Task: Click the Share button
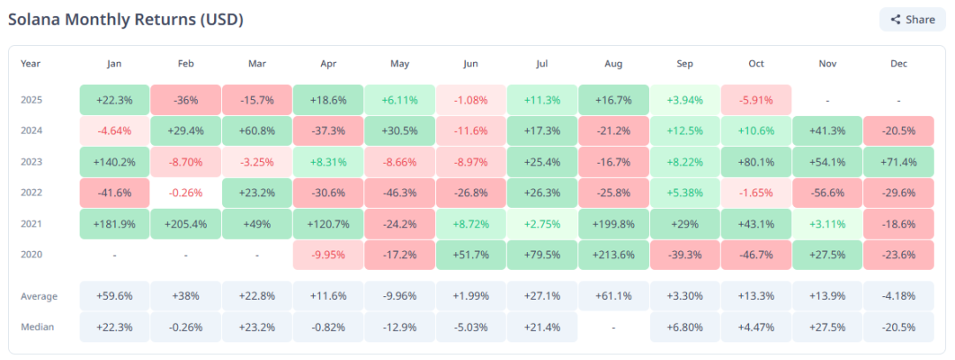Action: tap(913, 19)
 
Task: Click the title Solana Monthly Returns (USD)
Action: tap(126, 19)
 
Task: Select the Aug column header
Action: tap(615, 64)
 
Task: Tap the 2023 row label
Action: tap(32, 162)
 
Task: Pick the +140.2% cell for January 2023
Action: tap(113, 162)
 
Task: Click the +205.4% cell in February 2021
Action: tap(186, 224)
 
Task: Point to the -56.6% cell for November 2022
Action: tap(828, 193)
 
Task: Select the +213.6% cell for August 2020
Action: tap(614, 255)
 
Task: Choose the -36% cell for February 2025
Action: tap(186, 100)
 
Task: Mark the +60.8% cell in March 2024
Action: tap(256, 131)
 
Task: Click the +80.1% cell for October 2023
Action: tap(756, 162)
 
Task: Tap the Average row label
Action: tap(39, 296)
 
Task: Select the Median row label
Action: tap(37, 327)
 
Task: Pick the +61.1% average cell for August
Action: tap(614, 296)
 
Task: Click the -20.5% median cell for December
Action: tap(899, 327)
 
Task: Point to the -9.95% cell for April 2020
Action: tap(328, 255)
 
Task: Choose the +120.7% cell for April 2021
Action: tap(328, 224)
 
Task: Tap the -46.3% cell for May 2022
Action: tap(400, 193)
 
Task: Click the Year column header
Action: tap(31, 64)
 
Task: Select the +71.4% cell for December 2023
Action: tap(899, 162)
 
